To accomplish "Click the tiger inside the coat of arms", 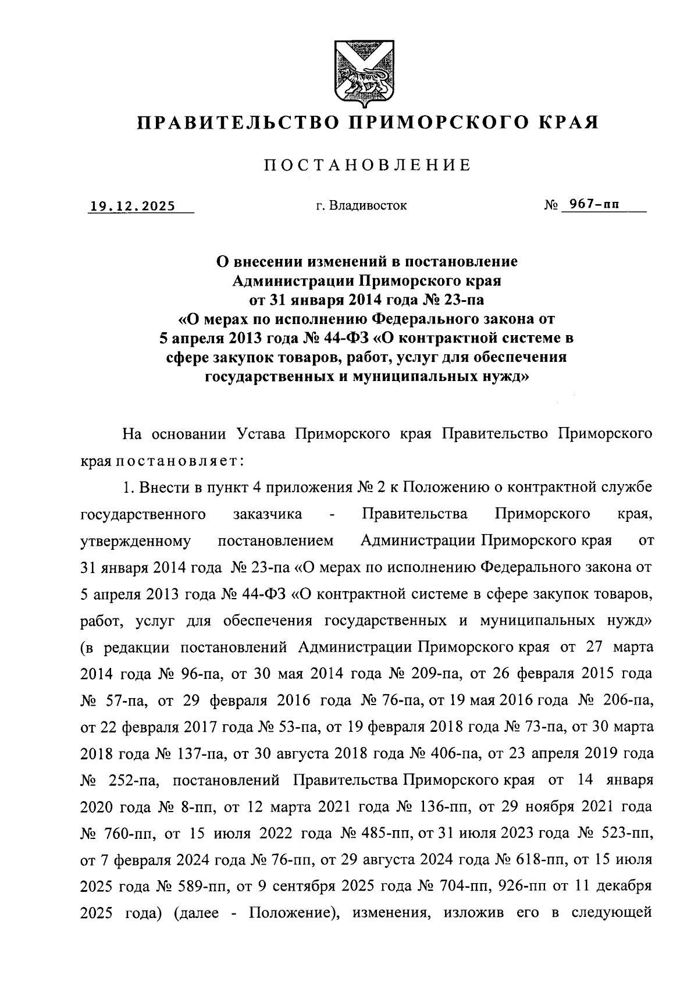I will pyautogui.click(x=364, y=81).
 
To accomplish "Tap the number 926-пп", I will pyautogui.click(x=514, y=887).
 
